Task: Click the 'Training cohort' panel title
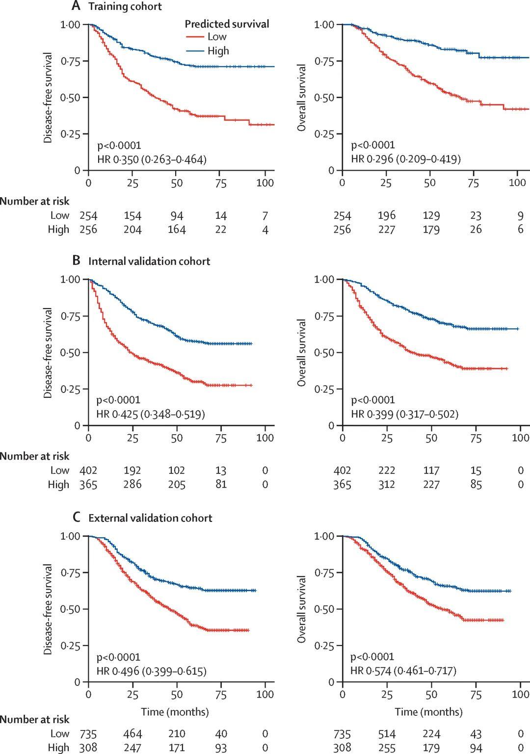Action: tap(125, 6)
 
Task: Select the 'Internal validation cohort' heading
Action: tap(149, 261)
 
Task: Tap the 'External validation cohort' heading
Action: tap(150, 518)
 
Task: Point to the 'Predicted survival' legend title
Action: tap(227, 24)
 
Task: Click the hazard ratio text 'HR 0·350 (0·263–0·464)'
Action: tap(152, 159)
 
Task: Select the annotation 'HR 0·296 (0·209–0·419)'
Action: tap(405, 159)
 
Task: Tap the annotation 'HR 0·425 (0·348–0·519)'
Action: tap(151, 414)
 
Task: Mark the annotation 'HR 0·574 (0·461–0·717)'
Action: tap(403, 671)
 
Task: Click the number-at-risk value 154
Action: tap(132, 215)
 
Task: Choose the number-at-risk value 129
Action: tap(431, 215)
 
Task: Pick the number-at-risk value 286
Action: tap(132, 485)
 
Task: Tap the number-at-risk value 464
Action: tap(132, 734)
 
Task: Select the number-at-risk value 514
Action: tap(387, 734)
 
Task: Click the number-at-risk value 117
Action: tap(431, 470)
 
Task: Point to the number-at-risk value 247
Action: tap(132, 748)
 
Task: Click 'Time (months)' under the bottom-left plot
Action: tap(175, 712)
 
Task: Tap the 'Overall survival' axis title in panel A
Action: tap(302, 97)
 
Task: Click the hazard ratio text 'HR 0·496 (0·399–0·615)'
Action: tap(151, 671)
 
